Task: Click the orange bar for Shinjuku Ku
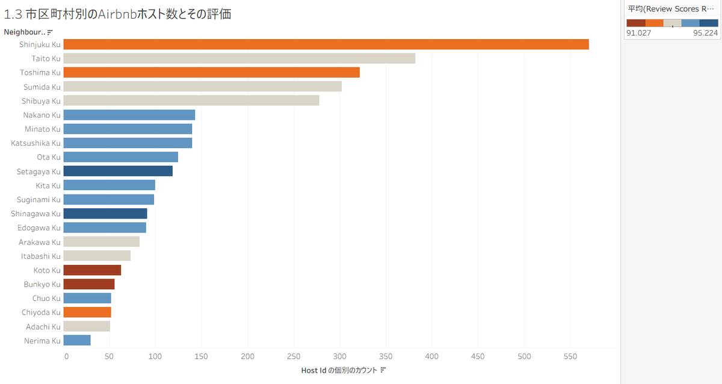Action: (326, 44)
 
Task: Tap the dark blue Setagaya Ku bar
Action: (118, 172)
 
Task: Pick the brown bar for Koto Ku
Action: (92, 270)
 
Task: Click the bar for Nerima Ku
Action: (77, 341)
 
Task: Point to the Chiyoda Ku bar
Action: (87, 312)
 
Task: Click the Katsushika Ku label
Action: (36, 143)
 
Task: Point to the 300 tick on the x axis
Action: (340, 356)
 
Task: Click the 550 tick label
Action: (524, 356)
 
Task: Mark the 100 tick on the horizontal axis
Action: (155, 356)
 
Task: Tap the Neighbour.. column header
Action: (25, 31)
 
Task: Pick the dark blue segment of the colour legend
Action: (709, 23)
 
